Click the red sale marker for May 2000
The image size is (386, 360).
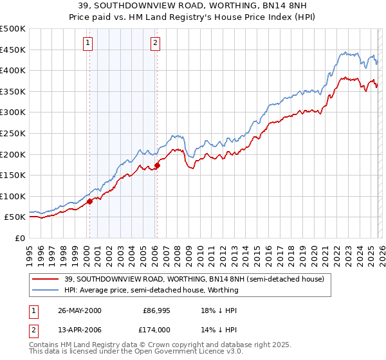click(x=90, y=201)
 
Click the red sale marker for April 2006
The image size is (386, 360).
click(x=157, y=165)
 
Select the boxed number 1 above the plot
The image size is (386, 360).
click(x=88, y=43)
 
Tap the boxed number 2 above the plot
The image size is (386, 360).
click(x=155, y=43)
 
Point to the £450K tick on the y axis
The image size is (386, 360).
click(x=13, y=50)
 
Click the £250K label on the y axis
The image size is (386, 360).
click(x=13, y=133)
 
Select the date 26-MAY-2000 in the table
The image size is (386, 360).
click(x=80, y=310)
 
